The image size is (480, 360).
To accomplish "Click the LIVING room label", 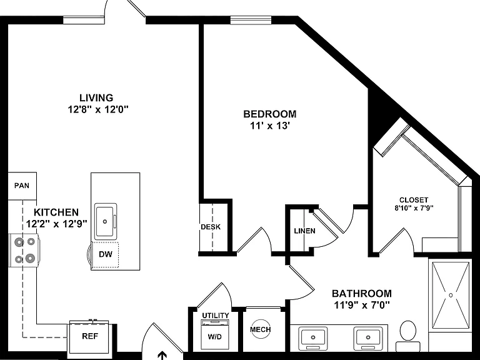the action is click(96, 97).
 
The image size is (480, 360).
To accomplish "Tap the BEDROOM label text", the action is click(270, 114).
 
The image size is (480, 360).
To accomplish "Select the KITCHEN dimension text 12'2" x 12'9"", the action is click(57, 224).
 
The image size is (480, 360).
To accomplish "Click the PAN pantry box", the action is click(22, 186).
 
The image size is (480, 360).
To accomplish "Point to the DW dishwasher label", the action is click(106, 254).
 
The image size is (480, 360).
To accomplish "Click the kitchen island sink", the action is click(105, 221).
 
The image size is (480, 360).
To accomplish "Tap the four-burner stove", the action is click(24, 251).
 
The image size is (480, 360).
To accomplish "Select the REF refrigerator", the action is click(90, 336).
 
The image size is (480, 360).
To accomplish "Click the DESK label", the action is click(211, 227).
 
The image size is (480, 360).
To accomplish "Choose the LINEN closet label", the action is click(304, 231).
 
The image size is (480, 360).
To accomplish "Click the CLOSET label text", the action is click(414, 200).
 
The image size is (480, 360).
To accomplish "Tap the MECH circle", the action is click(260, 329).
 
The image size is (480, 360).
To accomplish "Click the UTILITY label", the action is click(216, 315).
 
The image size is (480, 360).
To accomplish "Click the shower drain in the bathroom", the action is click(451, 295).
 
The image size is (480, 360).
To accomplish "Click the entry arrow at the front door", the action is click(162, 356).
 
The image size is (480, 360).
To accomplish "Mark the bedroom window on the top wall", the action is click(251, 20).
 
